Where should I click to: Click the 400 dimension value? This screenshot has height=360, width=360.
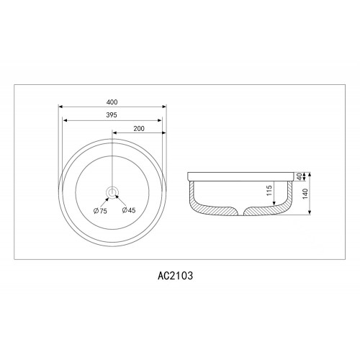click(x=112, y=102)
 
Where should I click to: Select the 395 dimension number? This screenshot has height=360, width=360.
click(x=112, y=115)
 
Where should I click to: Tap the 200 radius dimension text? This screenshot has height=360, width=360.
click(x=139, y=129)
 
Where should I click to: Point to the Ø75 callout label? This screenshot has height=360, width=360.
click(x=100, y=211)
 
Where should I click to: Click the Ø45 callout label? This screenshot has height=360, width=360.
click(x=129, y=210)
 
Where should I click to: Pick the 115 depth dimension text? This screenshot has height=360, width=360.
click(x=269, y=190)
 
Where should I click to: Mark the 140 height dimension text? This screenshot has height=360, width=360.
click(x=305, y=194)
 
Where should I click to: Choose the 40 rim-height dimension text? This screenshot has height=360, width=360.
click(x=299, y=176)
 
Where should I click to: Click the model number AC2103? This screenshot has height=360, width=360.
click(x=175, y=276)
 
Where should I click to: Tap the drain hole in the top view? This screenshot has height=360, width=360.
click(x=112, y=192)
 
